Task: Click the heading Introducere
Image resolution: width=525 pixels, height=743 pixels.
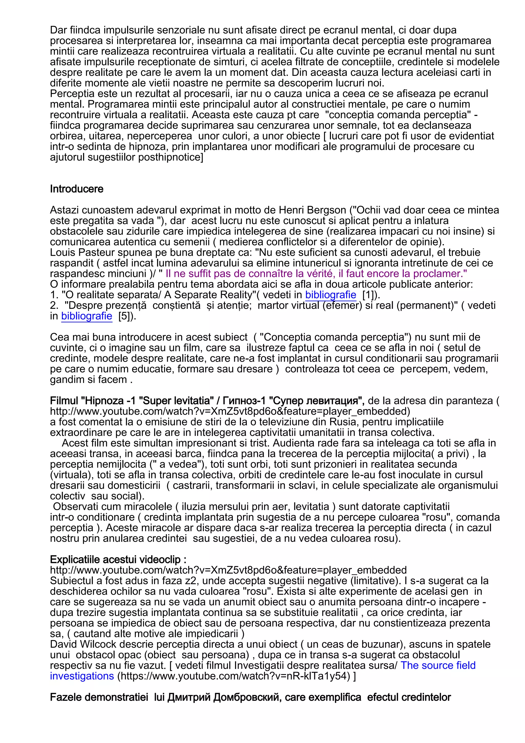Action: point(77,189)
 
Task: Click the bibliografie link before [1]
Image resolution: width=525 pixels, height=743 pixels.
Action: point(331,295)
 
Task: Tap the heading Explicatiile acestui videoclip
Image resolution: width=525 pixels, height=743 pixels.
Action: point(118,560)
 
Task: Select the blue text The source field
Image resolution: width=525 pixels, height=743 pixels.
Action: point(438,665)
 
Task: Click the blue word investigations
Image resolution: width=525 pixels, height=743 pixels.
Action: point(82,676)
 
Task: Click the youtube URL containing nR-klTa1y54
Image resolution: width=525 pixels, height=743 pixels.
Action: point(235,676)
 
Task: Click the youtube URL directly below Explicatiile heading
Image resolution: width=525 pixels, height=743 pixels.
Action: point(228,570)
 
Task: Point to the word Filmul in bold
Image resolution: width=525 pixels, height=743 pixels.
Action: point(64,401)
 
